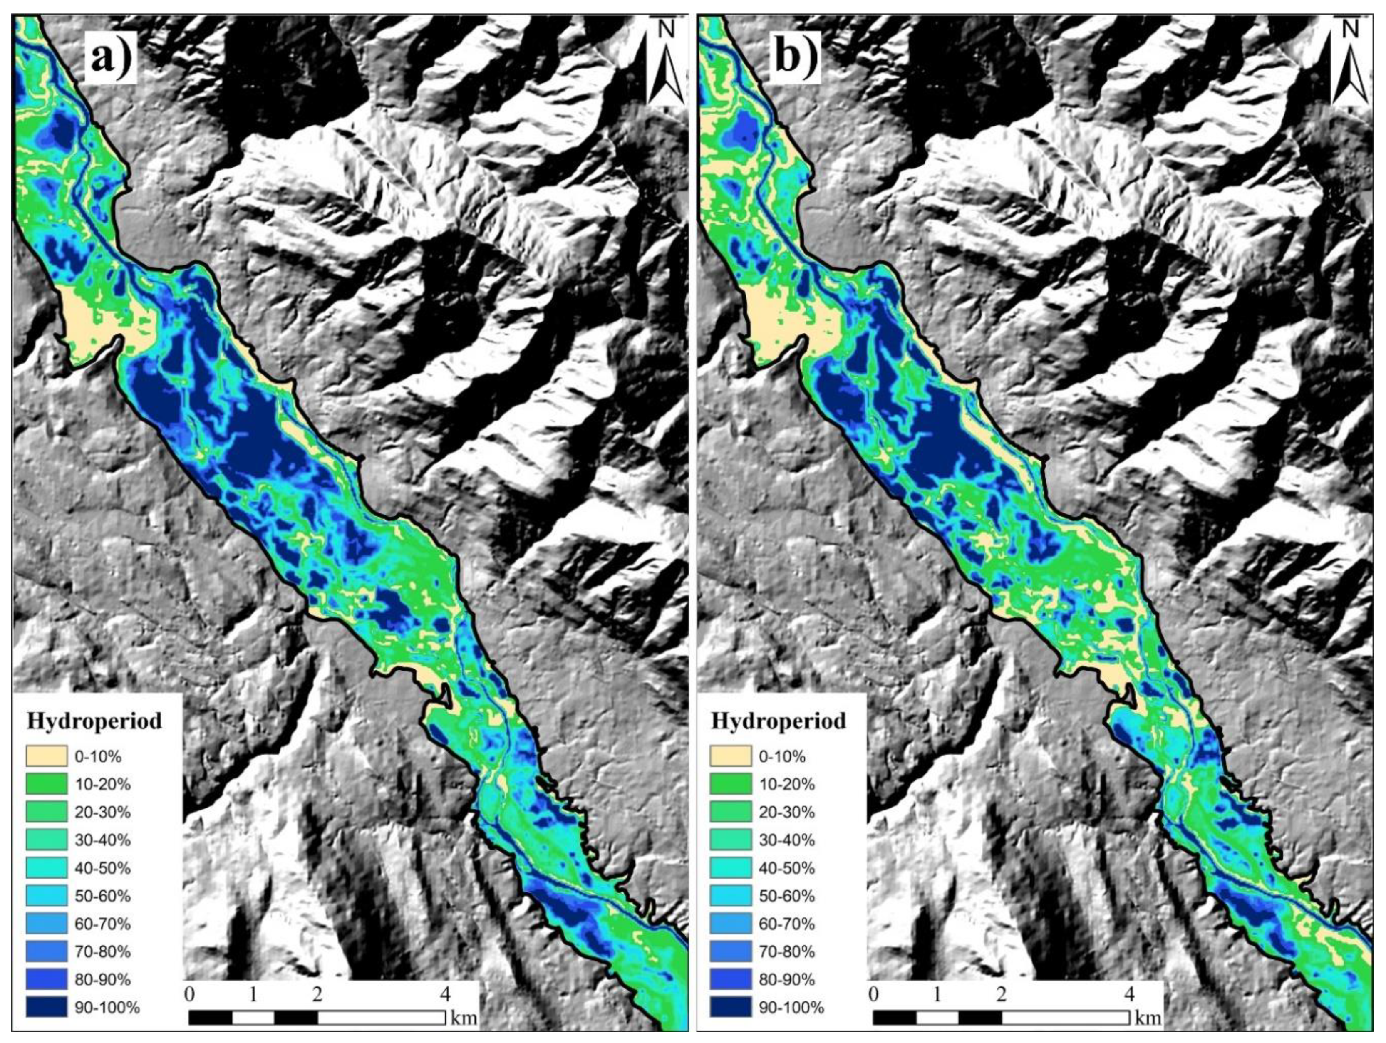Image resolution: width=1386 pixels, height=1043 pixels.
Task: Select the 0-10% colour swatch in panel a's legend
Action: [x=46, y=756]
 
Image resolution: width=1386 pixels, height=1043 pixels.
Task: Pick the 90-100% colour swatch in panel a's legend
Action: [x=46, y=1007]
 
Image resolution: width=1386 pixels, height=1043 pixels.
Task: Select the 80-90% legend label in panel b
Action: [x=787, y=979]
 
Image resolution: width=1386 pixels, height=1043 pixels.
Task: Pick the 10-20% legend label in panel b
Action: [x=787, y=784]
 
